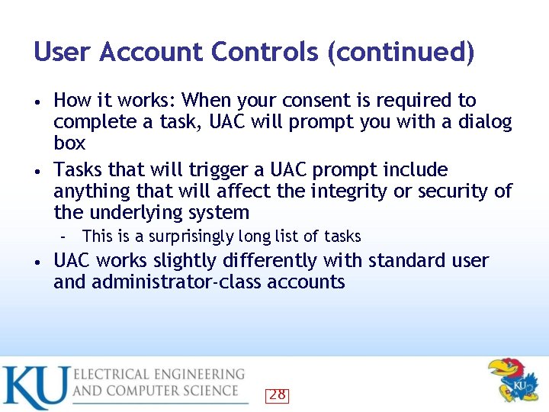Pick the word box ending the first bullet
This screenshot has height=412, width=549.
pos(69,143)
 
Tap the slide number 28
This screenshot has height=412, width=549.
pos(277,394)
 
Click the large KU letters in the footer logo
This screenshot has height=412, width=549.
pos(35,387)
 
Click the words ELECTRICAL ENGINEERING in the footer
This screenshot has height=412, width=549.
pos(159,375)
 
